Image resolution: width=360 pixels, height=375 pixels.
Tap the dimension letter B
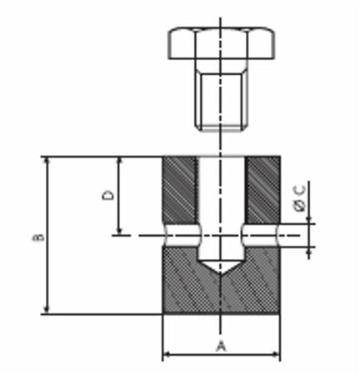pos(37,237)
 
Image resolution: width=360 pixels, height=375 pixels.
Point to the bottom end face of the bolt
pos(221,128)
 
